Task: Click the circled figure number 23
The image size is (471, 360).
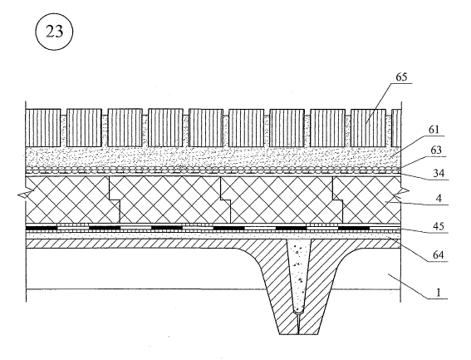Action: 54,32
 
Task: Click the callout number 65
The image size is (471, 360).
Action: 401,77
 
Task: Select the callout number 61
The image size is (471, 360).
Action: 434,130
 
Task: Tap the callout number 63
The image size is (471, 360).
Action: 436,150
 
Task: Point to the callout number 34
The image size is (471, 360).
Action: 439,173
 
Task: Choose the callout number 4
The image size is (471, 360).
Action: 439,199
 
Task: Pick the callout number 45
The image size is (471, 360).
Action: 439,226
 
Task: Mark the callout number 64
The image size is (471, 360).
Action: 439,255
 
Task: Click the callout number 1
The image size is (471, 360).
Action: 439,293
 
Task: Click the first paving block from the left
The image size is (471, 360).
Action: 43,128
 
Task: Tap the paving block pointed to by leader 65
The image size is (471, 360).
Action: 368,128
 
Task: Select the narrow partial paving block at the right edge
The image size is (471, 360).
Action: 396,128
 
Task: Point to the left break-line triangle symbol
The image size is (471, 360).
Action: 25,194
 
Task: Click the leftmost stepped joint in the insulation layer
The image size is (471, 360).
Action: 115,199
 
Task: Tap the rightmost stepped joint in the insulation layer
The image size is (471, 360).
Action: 337,199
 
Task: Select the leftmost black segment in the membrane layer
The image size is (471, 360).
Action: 42,228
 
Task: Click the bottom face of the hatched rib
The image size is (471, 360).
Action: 298,334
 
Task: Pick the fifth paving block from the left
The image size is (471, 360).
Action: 206,128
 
